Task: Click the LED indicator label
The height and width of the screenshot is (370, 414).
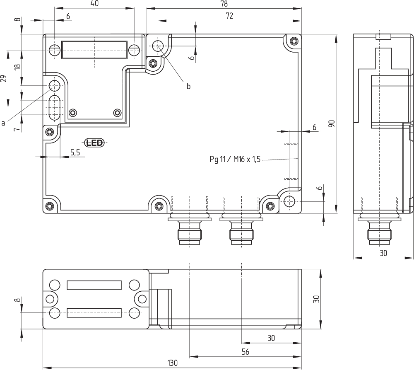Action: pos(94,143)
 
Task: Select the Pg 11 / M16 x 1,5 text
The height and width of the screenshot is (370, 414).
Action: pos(235,160)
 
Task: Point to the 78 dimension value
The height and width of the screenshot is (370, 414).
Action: pos(224,4)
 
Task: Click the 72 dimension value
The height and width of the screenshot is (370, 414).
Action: pos(229,16)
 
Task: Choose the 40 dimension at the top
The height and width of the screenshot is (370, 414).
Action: pos(94,4)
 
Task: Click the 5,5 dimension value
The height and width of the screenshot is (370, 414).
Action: pos(75,152)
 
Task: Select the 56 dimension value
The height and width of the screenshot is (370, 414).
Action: pos(245,352)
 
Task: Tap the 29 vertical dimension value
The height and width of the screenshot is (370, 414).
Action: pos(4,79)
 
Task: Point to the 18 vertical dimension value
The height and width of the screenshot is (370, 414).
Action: pos(17,68)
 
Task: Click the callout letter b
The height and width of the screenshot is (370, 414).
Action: pos(188,87)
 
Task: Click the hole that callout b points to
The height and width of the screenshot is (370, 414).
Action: pos(158,45)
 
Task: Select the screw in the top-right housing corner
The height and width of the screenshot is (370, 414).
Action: pos(294,41)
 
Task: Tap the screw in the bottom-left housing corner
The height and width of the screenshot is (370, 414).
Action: pos(50,206)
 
